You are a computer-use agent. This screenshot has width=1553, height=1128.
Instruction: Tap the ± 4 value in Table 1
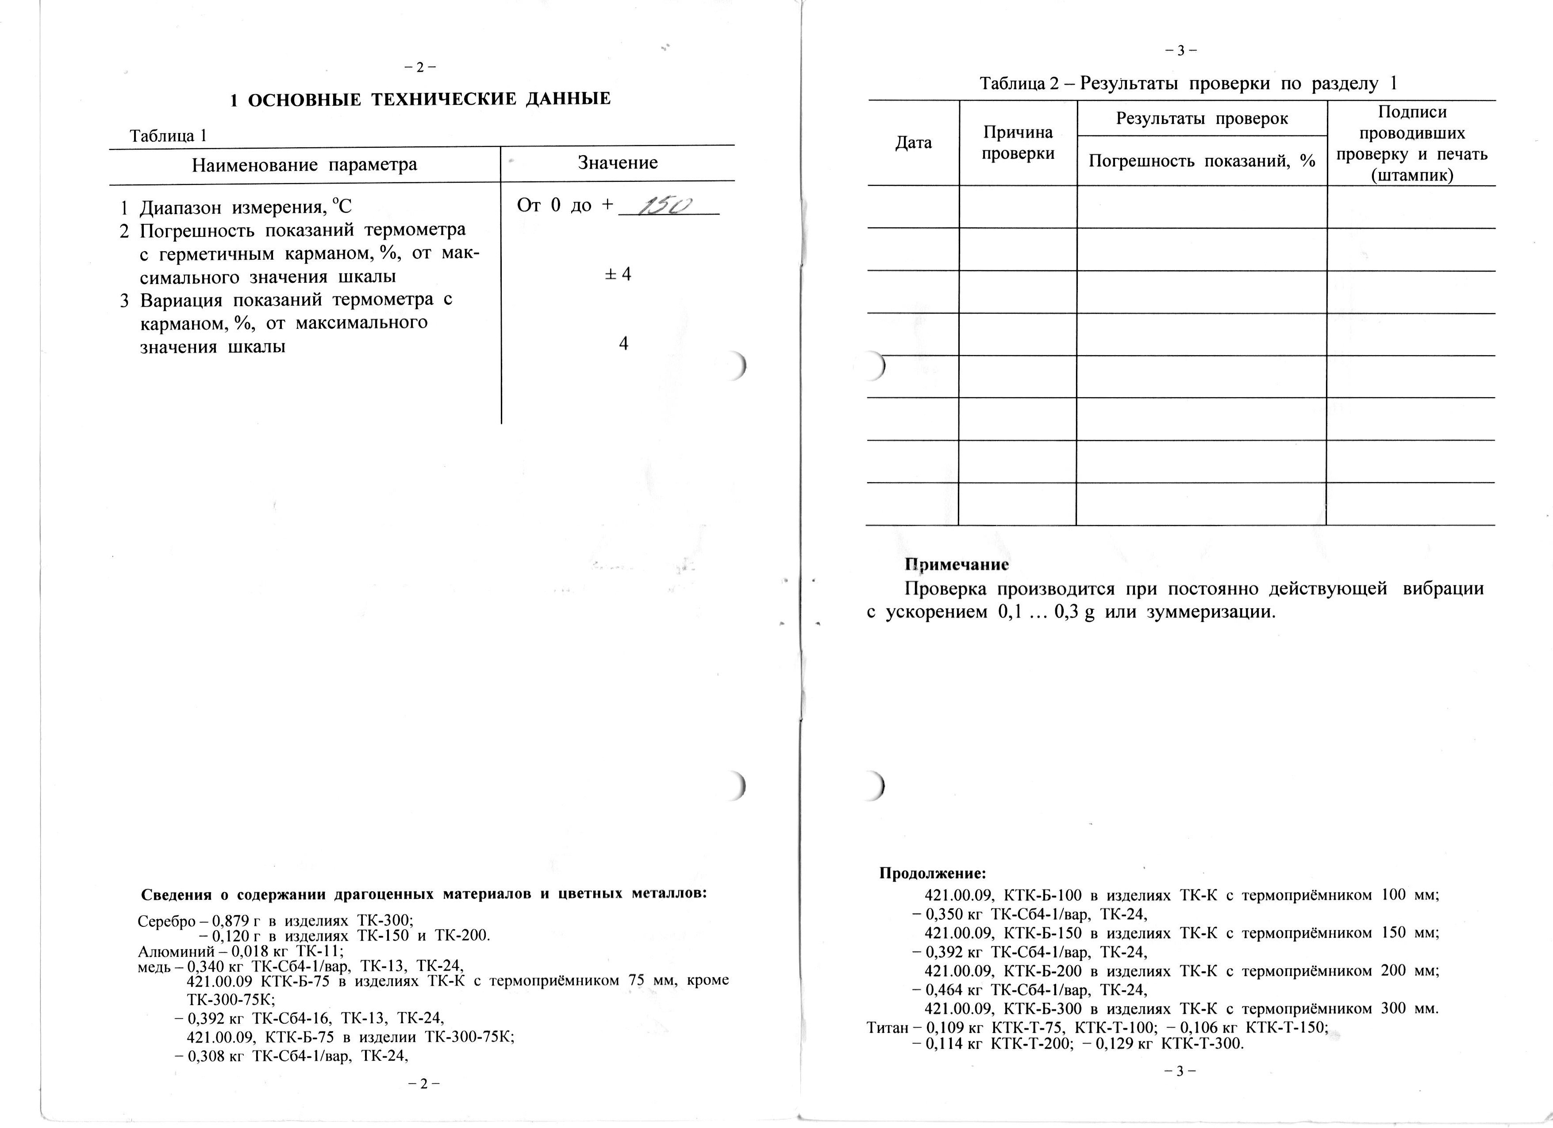[619, 274]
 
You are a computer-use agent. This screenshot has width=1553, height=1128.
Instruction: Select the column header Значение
[618, 163]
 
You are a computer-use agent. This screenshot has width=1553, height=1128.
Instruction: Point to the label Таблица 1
[168, 135]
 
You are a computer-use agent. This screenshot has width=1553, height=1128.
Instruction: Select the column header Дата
[914, 143]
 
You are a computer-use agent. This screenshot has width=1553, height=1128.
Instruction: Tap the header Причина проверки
[1018, 142]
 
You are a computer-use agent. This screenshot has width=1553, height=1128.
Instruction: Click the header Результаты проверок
[1202, 119]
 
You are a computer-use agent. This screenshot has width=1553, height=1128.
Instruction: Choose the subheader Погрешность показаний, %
[1202, 161]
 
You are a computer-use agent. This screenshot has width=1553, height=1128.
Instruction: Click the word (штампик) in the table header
[1411, 175]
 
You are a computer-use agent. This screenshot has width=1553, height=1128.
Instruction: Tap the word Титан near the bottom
[887, 1028]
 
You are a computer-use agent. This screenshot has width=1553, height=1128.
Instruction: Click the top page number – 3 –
[1180, 50]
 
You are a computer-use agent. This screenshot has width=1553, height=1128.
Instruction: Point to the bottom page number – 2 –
[423, 1083]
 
